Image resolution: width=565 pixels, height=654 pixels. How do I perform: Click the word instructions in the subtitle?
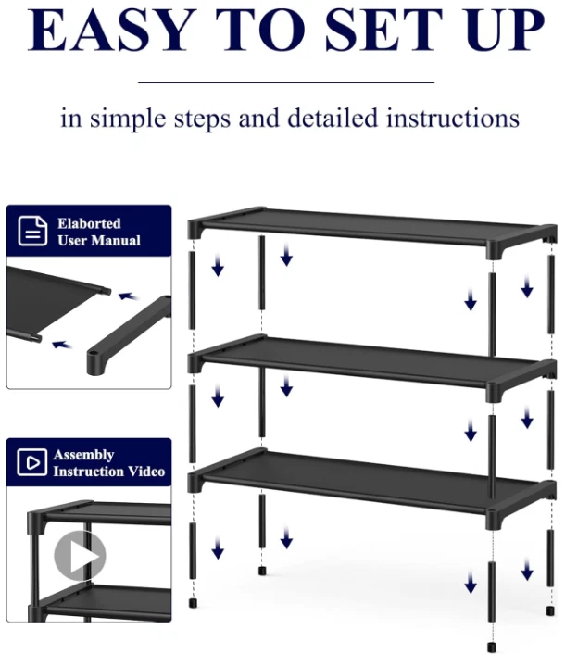[x=452, y=118]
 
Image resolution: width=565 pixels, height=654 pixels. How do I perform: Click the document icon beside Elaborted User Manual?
[x=32, y=231]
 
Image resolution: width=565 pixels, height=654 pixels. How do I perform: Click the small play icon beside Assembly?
[x=32, y=462]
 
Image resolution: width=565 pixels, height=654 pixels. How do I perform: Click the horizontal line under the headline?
[x=286, y=82]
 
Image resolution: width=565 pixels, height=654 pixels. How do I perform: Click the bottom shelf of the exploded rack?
[x=372, y=486]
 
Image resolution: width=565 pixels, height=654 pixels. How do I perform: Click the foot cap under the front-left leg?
[x=193, y=603]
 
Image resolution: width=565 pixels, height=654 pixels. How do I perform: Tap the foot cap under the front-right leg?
[x=492, y=647]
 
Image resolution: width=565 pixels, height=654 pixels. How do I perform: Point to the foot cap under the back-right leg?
[x=550, y=611]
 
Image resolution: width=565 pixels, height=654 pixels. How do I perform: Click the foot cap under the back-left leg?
[x=262, y=570]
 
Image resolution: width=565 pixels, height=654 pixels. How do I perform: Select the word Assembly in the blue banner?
[x=83, y=455]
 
